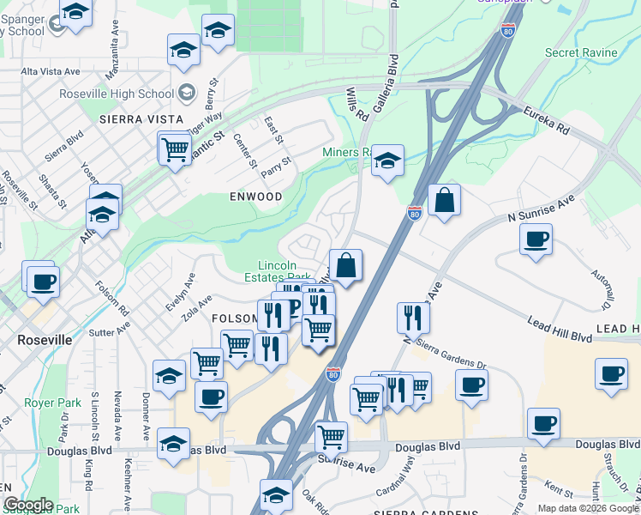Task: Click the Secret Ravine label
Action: click(x=580, y=52)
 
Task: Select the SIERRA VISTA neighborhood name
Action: click(x=141, y=118)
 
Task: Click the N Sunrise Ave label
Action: click(x=540, y=208)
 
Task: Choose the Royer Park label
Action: click(x=52, y=403)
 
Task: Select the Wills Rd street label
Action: click(x=357, y=103)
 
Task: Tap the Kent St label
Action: click(x=559, y=490)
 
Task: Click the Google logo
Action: click(x=27, y=505)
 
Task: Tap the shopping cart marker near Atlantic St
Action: click(x=175, y=149)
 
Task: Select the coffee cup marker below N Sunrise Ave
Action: click(x=536, y=239)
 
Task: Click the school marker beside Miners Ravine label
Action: click(x=387, y=161)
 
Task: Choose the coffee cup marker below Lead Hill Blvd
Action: click(x=611, y=375)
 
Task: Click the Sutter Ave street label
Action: click(x=110, y=330)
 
